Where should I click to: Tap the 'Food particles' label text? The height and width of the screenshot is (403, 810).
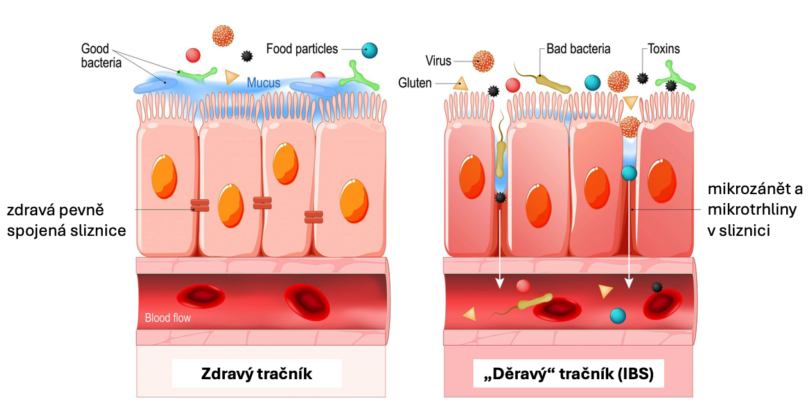(x=302, y=49)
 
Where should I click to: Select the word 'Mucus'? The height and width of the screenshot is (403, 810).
(x=263, y=83)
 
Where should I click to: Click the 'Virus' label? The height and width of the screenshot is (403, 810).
(x=438, y=61)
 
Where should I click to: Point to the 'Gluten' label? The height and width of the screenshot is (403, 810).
(x=415, y=83)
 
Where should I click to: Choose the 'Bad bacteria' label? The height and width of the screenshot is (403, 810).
(x=578, y=49)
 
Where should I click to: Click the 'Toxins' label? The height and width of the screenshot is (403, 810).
(x=664, y=49)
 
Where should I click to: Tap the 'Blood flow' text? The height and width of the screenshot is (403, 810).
(x=168, y=318)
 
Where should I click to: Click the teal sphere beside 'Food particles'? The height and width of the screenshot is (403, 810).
(x=369, y=49)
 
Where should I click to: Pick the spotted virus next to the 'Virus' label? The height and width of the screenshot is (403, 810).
(x=483, y=62)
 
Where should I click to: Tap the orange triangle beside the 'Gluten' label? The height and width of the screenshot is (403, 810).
(x=459, y=83)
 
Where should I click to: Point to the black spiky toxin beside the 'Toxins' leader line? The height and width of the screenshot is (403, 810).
(x=642, y=78)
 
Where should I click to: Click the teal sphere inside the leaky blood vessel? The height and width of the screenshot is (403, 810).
(x=617, y=316)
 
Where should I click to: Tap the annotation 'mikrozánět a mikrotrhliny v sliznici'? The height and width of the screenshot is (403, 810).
(x=755, y=210)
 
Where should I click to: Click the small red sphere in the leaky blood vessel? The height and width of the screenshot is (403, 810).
(x=524, y=286)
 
